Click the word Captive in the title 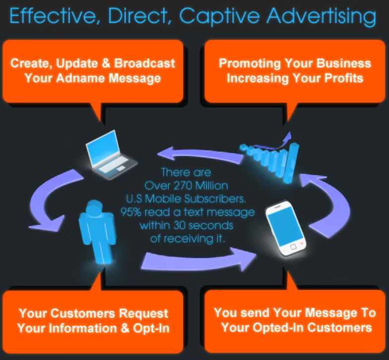pyautogui.click(x=220, y=17)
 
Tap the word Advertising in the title pyautogui.click(x=322, y=16)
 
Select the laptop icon pyautogui.click(x=111, y=154)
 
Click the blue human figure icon pyautogui.click(x=98, y=232)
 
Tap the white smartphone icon pyautogui.click(x=286, y=228)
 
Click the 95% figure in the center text pyautogui.click(x=131, y=212)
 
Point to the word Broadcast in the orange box pyautogui.click(x=145, y=63)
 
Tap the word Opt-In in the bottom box pyautogui.click(x=151, y=328)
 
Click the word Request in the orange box pyautogui.click(x=144, y=313)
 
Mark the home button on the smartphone pyautogui.click(x=293, y=247)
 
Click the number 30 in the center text pyautogui.click(x=178, y=226)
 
